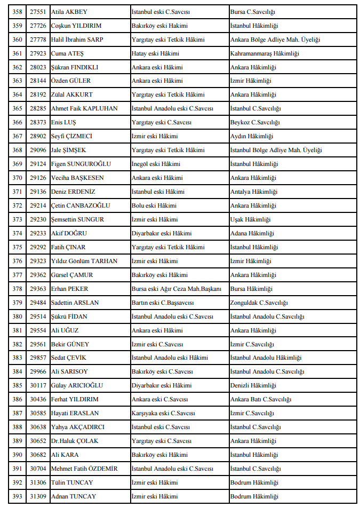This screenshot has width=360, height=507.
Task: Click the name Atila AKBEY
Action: point(69,12)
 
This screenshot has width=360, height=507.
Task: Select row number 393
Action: point(18,496)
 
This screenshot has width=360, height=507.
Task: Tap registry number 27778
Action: point(38,39)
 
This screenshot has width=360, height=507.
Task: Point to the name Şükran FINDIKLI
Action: point(75,67)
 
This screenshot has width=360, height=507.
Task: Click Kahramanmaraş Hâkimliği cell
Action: point(265,53)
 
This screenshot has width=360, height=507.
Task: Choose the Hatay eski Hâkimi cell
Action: point(155,53)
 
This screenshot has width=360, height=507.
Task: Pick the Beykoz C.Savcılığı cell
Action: point(255,123)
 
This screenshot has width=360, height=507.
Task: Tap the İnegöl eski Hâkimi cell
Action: point(156,164)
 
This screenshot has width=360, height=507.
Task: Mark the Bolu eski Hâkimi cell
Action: point(154,205)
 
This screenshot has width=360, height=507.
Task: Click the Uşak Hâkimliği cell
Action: point(250,219)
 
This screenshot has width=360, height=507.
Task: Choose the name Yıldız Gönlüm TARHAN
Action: point(84,261)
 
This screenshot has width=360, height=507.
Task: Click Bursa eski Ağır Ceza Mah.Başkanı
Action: point(176,289)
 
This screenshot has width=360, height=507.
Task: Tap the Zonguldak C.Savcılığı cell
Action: point(259,303)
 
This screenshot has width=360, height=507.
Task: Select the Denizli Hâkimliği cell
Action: point(253,385)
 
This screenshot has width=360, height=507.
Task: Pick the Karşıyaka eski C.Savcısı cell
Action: point(163,413)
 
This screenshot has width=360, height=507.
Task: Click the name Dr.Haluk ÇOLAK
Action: point(75,441)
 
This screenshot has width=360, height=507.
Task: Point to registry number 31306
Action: point(38,482)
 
